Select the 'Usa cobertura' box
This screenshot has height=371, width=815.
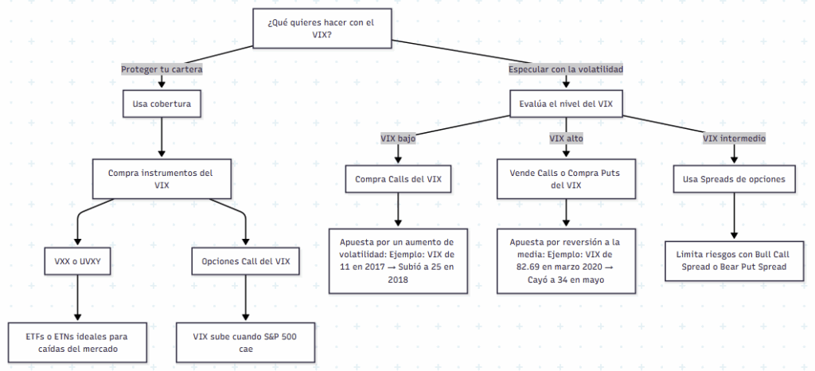(x=162, y=103)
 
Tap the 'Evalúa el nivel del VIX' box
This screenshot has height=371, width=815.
(x=565, y=103)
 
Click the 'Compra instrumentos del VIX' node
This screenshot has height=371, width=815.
(x=162, y=178)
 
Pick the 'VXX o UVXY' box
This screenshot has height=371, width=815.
(x=77, y=261)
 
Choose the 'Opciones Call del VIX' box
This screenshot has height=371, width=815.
(x=245, y=261)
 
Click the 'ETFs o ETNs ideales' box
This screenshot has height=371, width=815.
(x=77, y=342)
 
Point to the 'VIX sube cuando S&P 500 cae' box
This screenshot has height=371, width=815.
(x=245, y=342)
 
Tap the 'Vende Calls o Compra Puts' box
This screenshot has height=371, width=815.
(x=565, y=178)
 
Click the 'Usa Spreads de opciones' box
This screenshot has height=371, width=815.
(x=734, y=178)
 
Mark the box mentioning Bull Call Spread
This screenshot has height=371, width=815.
(x=734, y=261)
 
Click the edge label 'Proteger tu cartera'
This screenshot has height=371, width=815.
(x=162, y=69)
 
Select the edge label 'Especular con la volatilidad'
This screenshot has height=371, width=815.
(x=565, y=69)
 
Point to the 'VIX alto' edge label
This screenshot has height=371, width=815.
(x=565, y=138)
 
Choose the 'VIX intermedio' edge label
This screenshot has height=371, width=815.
(x=734, y=138)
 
